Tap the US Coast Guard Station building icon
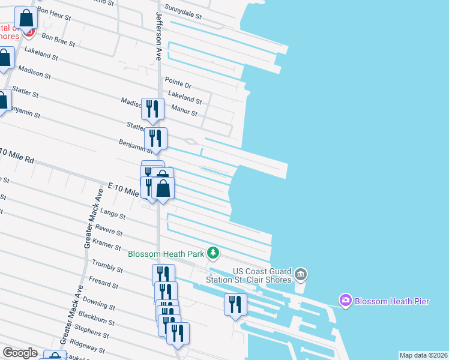click(301, 275)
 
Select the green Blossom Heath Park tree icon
click(212, 253)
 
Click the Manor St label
click(184, 109)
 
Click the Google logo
click(20, 353)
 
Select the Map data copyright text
click(423, 355)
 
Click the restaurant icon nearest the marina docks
click(235, 305)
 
